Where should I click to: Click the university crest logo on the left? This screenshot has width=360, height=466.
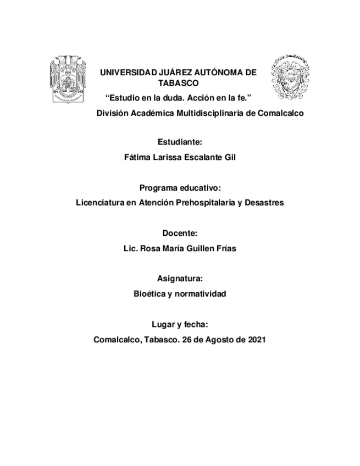pos(68,78)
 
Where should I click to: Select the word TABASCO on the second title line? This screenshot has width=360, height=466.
pos(178,84)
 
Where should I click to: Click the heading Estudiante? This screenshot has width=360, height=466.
pos(180,142)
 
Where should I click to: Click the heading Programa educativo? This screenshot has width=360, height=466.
pos(180,187)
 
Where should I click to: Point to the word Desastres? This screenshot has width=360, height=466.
pos(265,202)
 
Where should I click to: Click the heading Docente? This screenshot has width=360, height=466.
pos(180,233)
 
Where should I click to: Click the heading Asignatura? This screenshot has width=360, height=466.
pos(180,279)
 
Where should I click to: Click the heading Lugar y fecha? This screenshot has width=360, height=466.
pos(180,324)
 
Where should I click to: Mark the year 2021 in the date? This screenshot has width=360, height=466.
pos(256,340)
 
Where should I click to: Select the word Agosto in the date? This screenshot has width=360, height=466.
pos(218,340)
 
